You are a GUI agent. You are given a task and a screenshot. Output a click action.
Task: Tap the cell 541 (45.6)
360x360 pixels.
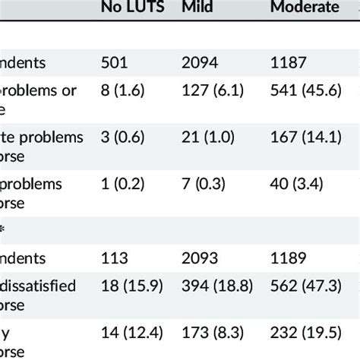pyautogui.click(x=300, y=91)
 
